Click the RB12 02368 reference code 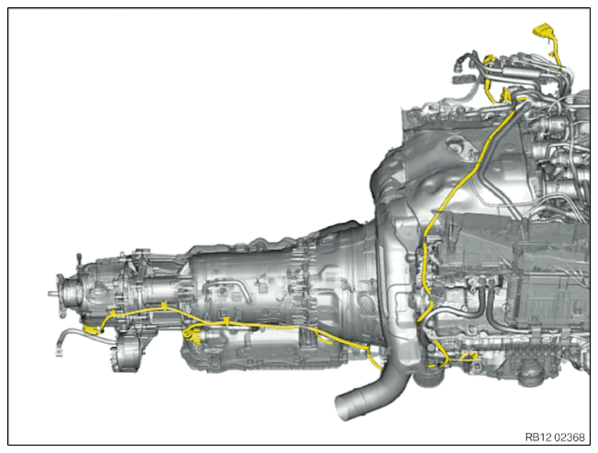tap(555, 437)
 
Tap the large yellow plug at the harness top tap(542, 31)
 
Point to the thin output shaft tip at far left tap(52, 293)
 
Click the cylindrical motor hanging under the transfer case tap(125, 352)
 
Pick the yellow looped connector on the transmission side tap(190, 336)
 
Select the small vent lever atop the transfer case tap(79, 258)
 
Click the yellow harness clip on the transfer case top tap(165, 305)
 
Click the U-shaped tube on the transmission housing tap(224, 289)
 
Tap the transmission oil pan tap(263, 352)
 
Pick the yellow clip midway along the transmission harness tap(227, 321)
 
